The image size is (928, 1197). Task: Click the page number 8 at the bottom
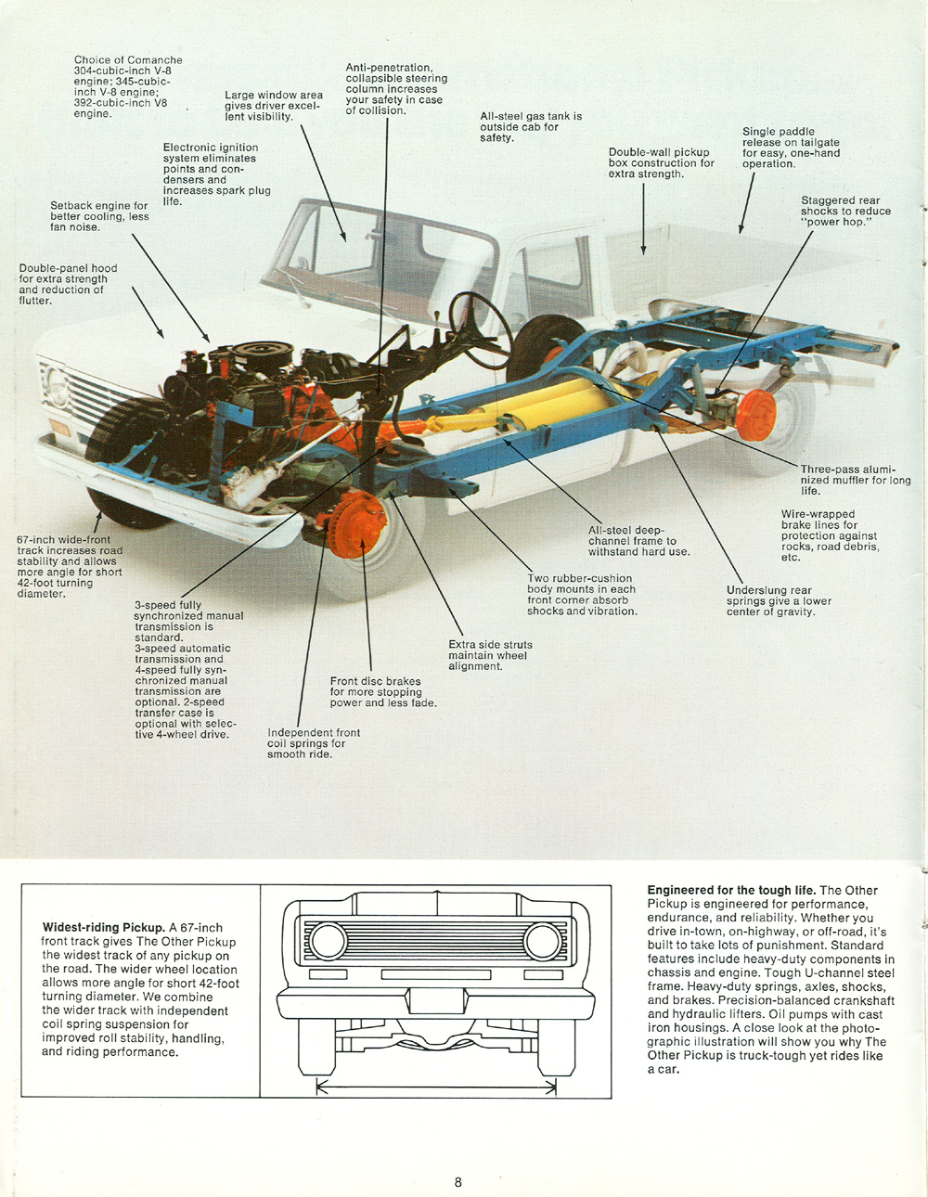tap(458, 1182)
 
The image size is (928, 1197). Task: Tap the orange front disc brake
tap(358, 524)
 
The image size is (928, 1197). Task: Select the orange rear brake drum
tap(757, 415)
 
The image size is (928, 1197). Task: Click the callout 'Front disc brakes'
tap(382, 692)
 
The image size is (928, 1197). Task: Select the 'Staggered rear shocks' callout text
tap(845, 212)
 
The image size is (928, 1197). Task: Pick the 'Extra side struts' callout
tap(490, 655)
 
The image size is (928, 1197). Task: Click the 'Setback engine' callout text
tap(99, 216)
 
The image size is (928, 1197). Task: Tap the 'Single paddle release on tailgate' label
tap(791, 148)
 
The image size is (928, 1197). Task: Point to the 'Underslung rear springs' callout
tap(779, 601)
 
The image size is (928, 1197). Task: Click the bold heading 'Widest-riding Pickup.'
tap(103, 927)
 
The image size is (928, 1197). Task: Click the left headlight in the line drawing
tap(328, 941)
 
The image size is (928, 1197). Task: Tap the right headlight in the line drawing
tap(542, 941)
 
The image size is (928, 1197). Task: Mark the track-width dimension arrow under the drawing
tap(436, 1087)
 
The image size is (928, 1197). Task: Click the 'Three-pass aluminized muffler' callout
tap(855, 480)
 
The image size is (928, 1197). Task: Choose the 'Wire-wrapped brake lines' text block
tap(829, 535)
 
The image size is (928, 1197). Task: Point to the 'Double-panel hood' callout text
tap(68, 284)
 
